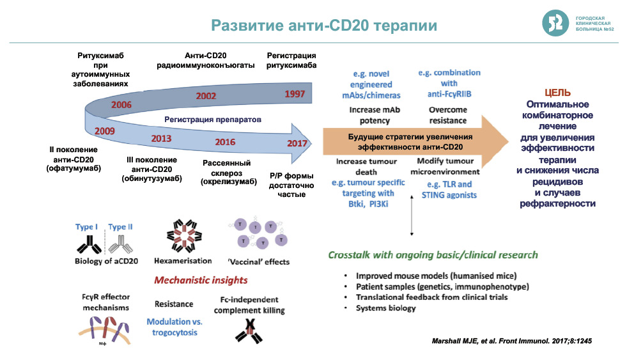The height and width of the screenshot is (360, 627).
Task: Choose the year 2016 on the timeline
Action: point(225,141)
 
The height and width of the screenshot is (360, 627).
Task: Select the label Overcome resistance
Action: point(447,114)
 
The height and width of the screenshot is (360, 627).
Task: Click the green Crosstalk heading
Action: point(433,254)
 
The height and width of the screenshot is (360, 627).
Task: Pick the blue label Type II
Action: point(121,227)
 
